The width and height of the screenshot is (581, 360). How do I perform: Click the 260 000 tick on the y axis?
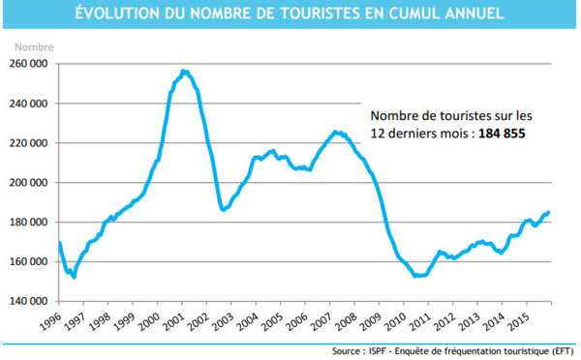[x=30, y=64]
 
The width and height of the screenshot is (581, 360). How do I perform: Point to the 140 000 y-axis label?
[x=30, y=301]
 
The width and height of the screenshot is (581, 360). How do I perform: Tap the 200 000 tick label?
[x=30, y=182]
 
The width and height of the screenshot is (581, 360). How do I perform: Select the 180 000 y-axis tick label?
[x=30, y=222]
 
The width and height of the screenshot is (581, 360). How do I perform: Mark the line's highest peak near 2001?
[x=184, y=71]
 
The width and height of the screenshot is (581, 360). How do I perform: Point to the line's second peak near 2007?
[x=334, y=132]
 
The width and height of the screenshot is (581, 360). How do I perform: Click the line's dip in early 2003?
[x=224, y=209]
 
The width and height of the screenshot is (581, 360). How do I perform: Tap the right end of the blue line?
[x=548, y=212]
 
